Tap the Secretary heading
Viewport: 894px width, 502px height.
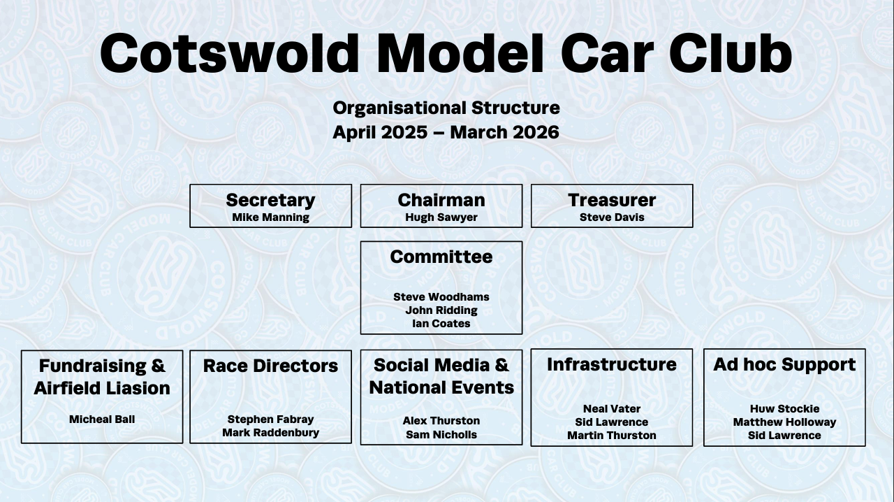coord(270,200)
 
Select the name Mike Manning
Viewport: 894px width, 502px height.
coord(270,217)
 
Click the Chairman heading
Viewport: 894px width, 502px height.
coord(441,200)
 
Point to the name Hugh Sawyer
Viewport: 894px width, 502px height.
coord(441,217)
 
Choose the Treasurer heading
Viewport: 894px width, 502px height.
coord(612,200)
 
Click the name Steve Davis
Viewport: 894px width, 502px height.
coord(612,217)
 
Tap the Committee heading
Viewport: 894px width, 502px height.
coord(441,257)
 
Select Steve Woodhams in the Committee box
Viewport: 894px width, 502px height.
coord(441,297)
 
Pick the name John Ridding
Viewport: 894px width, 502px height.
coord(441,310)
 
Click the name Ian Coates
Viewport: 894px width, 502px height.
coord(441,324)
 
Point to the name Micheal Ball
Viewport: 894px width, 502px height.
coord(102,419)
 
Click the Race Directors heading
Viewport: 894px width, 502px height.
coord(270,366)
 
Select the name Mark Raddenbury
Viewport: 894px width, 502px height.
coord(270,433)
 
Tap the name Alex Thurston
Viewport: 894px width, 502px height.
coord(441,421)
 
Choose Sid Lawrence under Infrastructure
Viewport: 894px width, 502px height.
coord(612,422)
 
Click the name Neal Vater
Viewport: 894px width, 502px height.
coord(612,409)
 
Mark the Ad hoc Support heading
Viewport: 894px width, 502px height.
coord(784,364)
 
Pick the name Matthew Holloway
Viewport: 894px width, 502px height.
coord(784,422)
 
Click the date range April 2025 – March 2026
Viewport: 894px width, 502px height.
coord(446,132)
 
